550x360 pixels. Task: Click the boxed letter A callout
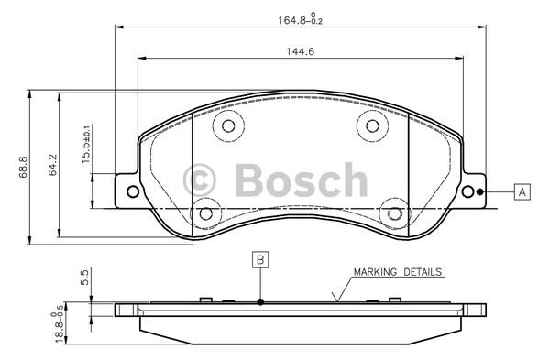(x=522, y=192)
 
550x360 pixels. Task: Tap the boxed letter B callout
(x=260, y=260)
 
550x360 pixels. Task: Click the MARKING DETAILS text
(x=398, y=272)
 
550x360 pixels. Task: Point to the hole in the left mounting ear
(x=132, y=191)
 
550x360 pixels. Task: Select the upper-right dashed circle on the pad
(x=372, y=125)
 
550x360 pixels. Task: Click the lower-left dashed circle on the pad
(x=205, y=213)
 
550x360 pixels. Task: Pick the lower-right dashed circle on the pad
(x=395, y=213)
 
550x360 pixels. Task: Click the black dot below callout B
(x=260, y=302)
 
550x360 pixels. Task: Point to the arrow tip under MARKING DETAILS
(x=336, y=300)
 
